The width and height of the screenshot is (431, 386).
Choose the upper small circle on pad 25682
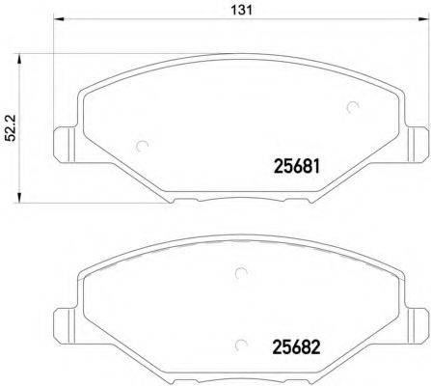(237, 274)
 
